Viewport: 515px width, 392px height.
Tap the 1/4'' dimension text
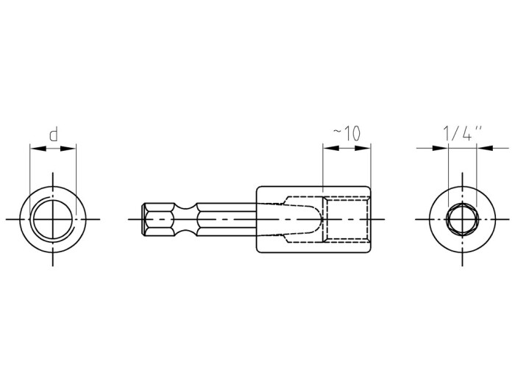tap(462, 133)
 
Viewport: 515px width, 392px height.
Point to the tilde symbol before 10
tap(337, 133)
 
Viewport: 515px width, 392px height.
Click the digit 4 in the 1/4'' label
tap(466, 133)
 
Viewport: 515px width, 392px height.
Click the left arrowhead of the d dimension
tap(35, 148)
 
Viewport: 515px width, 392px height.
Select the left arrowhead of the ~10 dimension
tap(327, 148)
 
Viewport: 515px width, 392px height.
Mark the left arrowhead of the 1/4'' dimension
tap(443, 148)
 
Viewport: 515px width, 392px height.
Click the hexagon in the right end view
tap(462, 219)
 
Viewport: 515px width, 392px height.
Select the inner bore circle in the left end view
tap(53, 219)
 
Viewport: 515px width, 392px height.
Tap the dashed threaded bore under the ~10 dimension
tap(346, 219)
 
